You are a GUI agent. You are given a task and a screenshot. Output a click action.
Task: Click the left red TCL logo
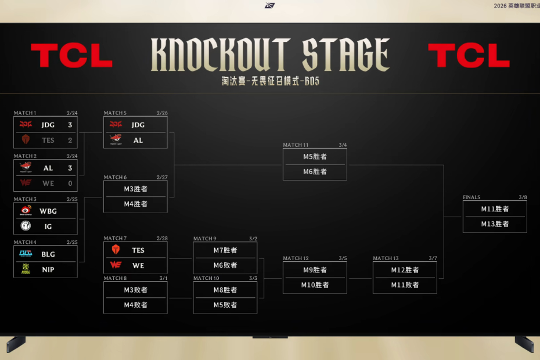pos(71,56)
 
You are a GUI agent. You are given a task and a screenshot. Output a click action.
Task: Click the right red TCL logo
pos(469,56)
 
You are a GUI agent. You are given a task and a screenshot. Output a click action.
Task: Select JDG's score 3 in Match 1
pos(70,125)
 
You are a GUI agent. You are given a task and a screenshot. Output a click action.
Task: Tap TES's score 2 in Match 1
pos(70,140)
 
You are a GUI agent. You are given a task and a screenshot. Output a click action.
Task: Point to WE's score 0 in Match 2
pos(70,183)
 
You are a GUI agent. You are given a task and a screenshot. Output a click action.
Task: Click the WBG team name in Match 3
pos(48,211)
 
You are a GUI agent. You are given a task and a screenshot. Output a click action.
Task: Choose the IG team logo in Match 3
pos(26,226)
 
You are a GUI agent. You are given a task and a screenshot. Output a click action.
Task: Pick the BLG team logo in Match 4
pos(26,254)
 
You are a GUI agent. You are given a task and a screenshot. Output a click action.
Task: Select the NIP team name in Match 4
pos(48,269)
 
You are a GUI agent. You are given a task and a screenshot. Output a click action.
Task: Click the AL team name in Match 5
pos(138,140)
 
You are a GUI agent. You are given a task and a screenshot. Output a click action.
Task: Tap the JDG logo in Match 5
pos(116,125)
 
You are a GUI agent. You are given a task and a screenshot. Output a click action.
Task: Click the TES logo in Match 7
pos(116,250)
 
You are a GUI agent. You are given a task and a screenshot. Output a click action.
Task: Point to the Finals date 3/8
pos(523,197)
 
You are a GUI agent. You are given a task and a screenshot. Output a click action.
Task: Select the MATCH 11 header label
pos(296,145)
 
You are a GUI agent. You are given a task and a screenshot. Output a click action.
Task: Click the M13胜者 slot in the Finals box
pos(495,224)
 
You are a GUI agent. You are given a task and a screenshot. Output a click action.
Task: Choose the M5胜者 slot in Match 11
pos(315,156)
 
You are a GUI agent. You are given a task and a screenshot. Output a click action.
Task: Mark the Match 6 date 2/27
pos(161,178)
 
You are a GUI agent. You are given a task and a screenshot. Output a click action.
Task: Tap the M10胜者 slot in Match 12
pos(315,285)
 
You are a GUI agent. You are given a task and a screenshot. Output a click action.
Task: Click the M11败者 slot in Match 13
pos(405,285)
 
